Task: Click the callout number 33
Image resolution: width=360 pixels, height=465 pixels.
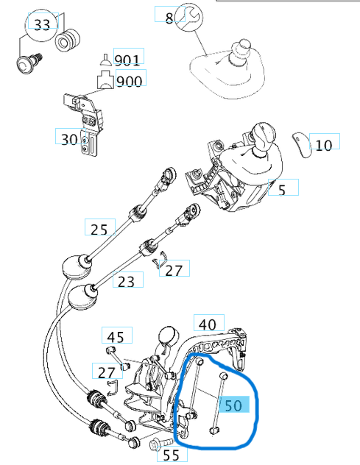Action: click(43, 25)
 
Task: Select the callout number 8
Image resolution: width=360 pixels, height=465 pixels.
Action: click(169, 18)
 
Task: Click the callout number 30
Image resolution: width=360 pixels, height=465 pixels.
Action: click(69, 138)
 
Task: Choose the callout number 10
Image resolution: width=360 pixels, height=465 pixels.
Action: click(323, 144)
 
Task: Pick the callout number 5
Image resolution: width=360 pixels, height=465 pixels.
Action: click(280, 190)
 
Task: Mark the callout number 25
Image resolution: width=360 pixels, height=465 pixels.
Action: click(99, 229)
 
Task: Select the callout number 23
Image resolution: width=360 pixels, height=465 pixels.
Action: click(126, 280)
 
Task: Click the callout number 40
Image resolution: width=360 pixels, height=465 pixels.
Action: click(210, 324)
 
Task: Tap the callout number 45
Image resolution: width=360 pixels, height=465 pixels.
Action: click(116, 337)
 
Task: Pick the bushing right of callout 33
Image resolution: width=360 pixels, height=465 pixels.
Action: click(68, 41)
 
